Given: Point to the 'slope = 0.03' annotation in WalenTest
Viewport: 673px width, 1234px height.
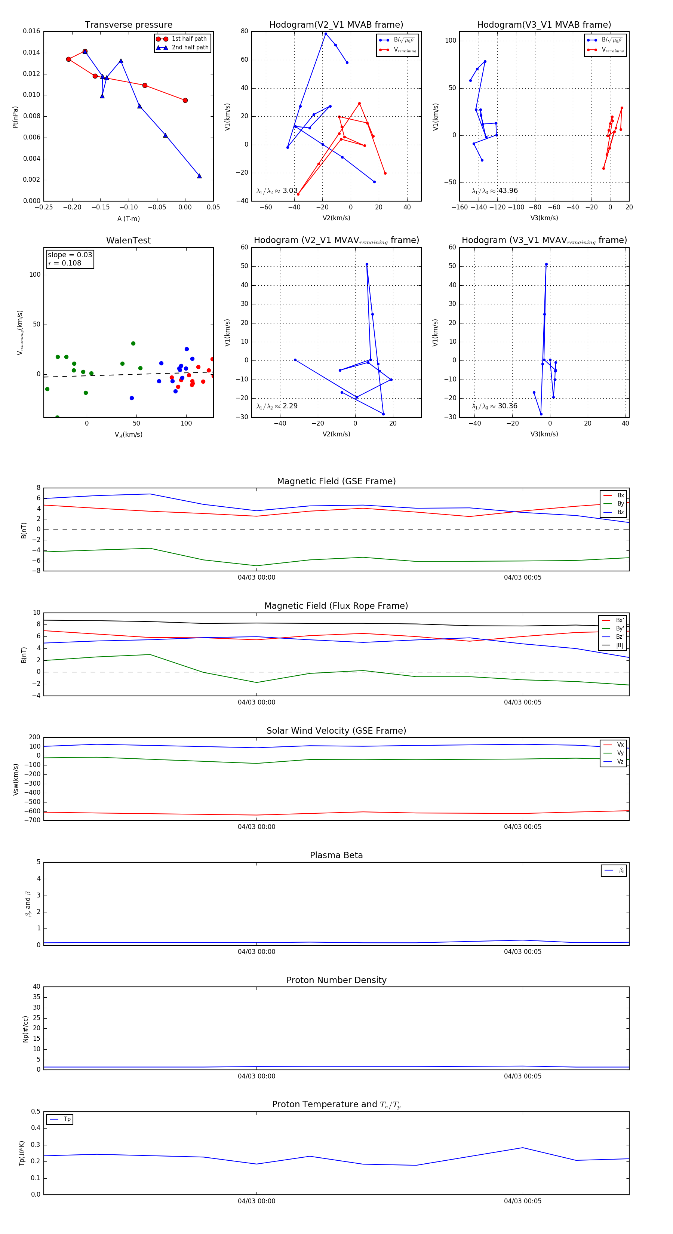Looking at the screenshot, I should click(70, 255).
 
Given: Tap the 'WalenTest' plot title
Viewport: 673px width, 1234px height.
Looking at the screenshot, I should click(128, 240).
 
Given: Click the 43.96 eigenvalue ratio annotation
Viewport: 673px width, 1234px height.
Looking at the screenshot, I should click(508, 191).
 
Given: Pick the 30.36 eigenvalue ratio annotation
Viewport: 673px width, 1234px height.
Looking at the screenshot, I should click(507, 406).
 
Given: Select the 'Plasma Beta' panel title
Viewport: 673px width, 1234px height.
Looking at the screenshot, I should click(336, 855).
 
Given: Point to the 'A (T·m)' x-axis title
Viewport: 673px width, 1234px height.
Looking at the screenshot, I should click(128, 219).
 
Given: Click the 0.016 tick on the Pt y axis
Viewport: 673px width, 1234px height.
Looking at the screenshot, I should click(32, 31).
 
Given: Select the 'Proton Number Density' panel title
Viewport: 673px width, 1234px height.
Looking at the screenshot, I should click(336, 980).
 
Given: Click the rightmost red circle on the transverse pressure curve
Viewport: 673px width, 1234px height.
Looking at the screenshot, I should click(185, 101).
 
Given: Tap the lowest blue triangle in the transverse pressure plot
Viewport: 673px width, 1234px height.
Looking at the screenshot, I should click(199, 176).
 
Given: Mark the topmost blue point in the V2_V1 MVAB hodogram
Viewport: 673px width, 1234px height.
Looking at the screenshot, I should click(326, 34).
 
